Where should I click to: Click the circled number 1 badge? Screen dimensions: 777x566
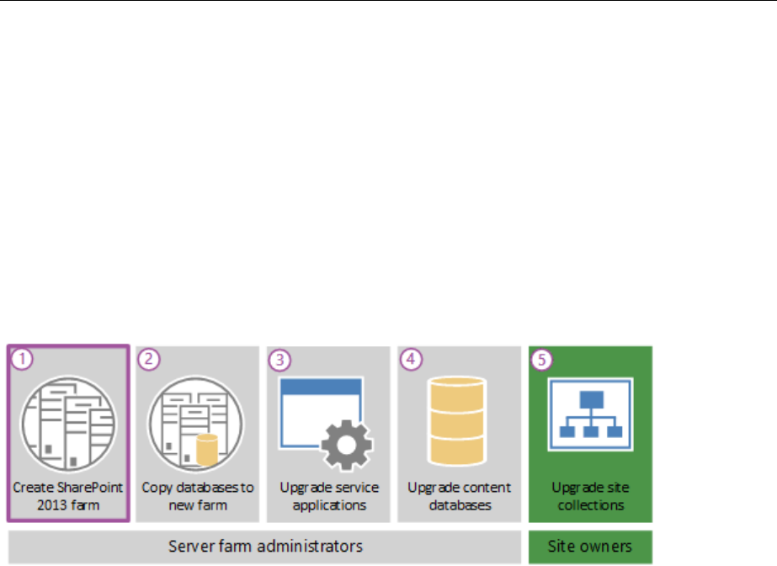23,358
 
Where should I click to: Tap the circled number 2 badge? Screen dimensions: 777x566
149,358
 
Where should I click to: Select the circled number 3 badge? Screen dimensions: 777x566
280,360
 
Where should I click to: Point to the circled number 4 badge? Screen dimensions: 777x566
411,358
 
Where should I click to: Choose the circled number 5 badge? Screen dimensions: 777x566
542,360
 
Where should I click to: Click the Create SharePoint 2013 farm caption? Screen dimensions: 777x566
67,496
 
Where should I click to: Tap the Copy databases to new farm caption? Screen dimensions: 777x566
197,496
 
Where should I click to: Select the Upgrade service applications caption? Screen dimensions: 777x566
328,496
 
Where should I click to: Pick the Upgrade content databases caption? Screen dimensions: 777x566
459,496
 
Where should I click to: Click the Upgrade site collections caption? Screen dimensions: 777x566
589,496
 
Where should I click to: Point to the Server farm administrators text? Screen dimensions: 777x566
265,546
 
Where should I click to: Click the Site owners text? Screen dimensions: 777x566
589,546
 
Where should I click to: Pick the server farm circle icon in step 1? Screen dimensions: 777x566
67,422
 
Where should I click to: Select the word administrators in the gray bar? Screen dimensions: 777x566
313,546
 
